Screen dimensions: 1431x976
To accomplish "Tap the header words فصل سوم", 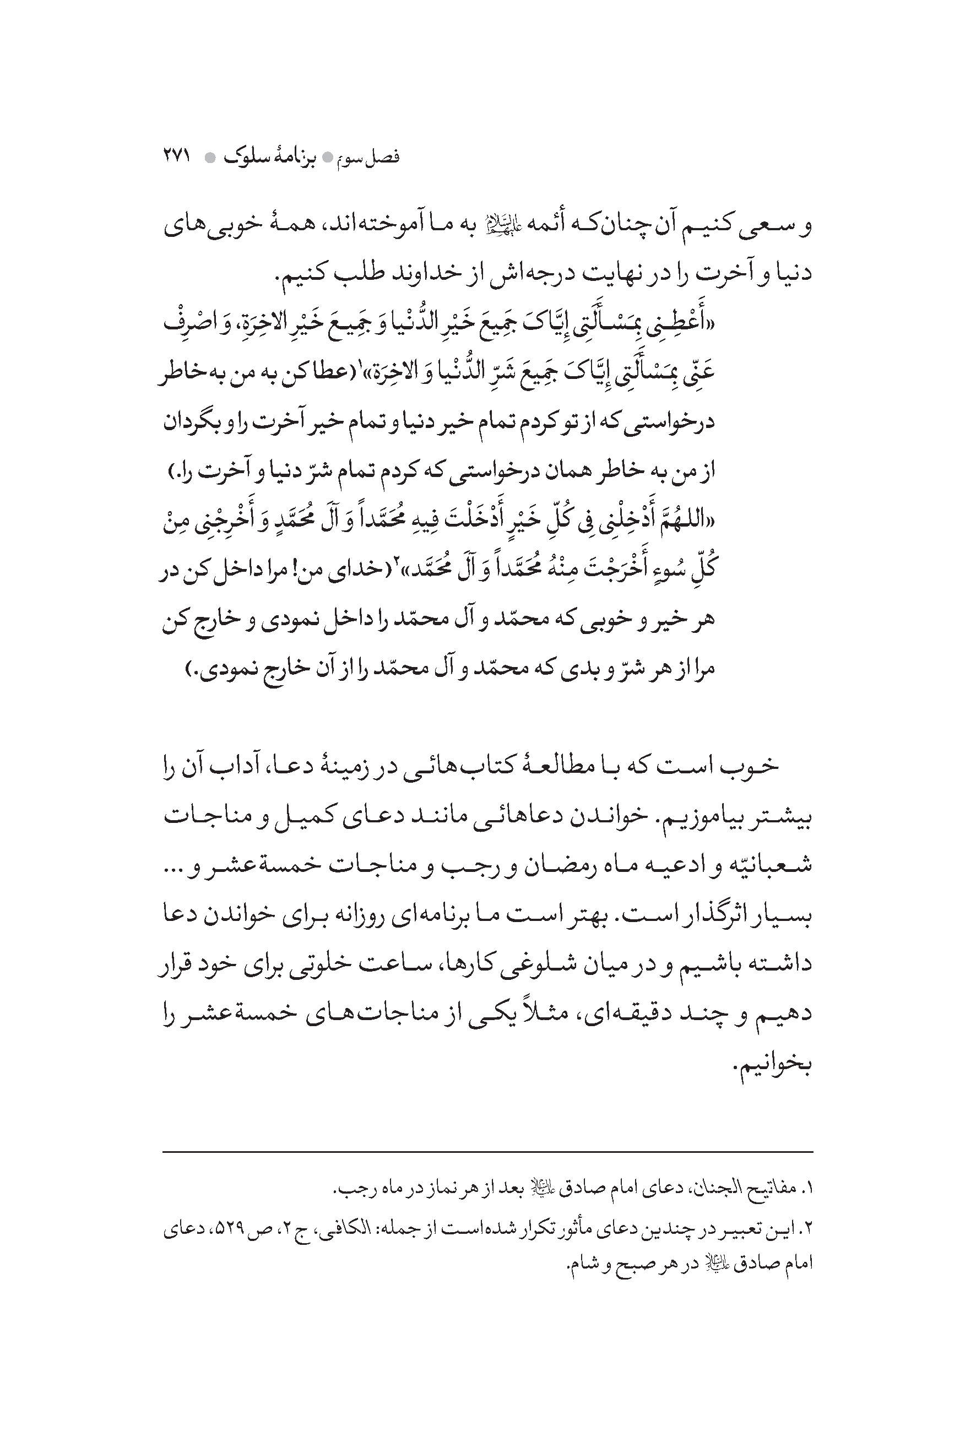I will pyautogui.click(x=377, y=157).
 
